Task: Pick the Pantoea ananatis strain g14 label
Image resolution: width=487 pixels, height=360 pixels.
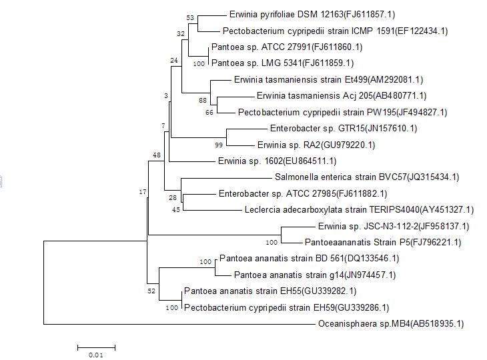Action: (315, 275)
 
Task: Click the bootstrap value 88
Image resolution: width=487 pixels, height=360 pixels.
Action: (203, 100)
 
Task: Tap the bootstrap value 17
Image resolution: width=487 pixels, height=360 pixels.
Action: (142, 192)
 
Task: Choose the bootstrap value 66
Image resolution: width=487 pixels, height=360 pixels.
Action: (209, 113)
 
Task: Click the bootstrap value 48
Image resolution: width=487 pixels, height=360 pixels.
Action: (157, 155)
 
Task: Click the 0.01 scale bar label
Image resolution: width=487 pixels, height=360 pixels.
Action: (96, 355)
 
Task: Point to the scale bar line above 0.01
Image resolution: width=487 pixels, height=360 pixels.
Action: (96, 347)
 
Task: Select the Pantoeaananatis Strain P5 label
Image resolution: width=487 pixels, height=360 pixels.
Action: (383, 242)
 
